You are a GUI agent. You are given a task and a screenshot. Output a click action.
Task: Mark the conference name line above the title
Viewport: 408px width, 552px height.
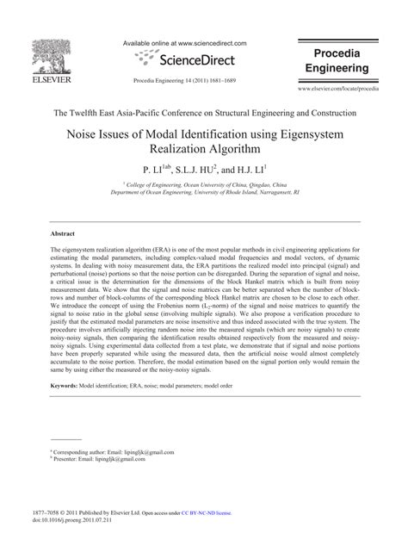click(204, 113)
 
